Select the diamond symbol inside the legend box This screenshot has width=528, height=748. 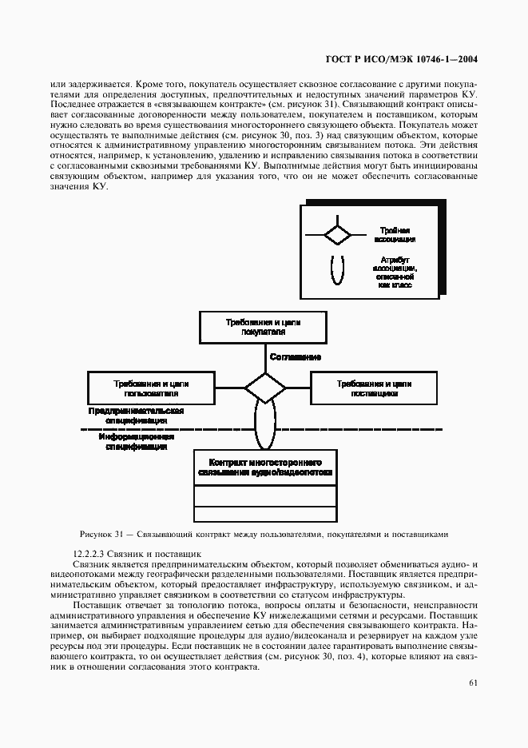[x=336, y=234]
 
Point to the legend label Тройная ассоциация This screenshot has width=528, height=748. [x=395, y=234]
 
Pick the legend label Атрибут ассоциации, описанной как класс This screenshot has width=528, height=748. [x=395, y=271]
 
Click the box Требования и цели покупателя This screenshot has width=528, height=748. [x=264, y=328]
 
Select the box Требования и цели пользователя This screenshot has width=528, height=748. [x=151, y=388]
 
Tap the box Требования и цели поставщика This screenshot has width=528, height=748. [x=375, y=388]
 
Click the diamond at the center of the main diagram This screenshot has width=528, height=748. [x=264, y=388]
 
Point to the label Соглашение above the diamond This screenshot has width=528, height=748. [x=295, y=356]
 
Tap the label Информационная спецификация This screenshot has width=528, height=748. [x=133, y=443]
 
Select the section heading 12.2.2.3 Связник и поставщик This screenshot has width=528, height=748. [x=137, y=553]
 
